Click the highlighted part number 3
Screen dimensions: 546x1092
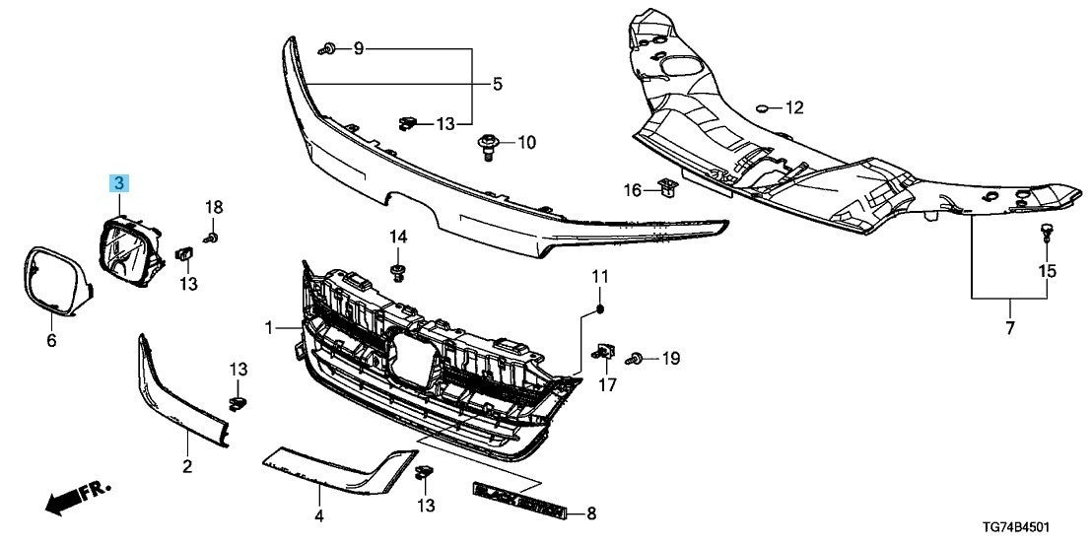tap(118, 182)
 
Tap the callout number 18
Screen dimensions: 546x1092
tap(214, 207)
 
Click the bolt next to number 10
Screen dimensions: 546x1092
tap(488, 145)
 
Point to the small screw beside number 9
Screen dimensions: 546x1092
tap(328, 48)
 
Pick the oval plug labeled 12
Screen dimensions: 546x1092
tap(764, 106)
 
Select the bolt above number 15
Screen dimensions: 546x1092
tap(1046, 233)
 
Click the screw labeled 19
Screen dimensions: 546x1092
tap(638, 360)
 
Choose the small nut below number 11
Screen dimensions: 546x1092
tap(600, 312)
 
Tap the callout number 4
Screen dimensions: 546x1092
tap(318, 514)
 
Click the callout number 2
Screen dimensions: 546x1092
tap(187, 465)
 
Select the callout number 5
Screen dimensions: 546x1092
tap(498, 84)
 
